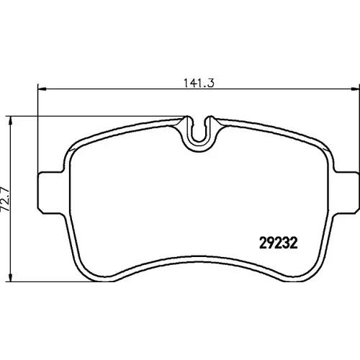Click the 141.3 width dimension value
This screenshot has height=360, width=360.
click(199, 83)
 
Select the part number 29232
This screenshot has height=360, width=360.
click(279, 243)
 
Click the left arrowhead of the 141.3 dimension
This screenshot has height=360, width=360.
click(42, 89)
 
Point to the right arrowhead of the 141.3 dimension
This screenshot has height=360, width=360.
click(355, 89)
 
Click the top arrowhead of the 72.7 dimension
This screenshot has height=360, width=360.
click(10, 121)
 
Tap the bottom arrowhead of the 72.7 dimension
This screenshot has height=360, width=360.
click(10, 277)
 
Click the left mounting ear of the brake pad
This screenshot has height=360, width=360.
click(51, 192)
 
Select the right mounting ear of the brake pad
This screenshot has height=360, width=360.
click(346, 192)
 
